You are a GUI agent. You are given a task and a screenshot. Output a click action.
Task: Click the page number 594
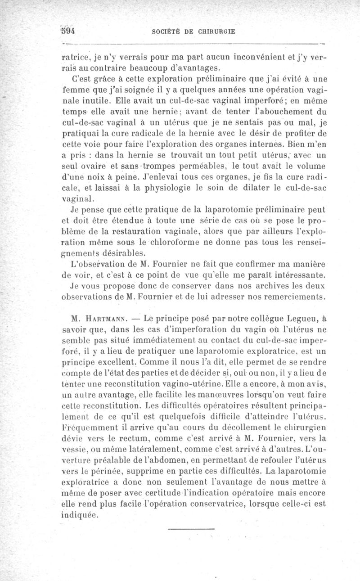tap(67, 31)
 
